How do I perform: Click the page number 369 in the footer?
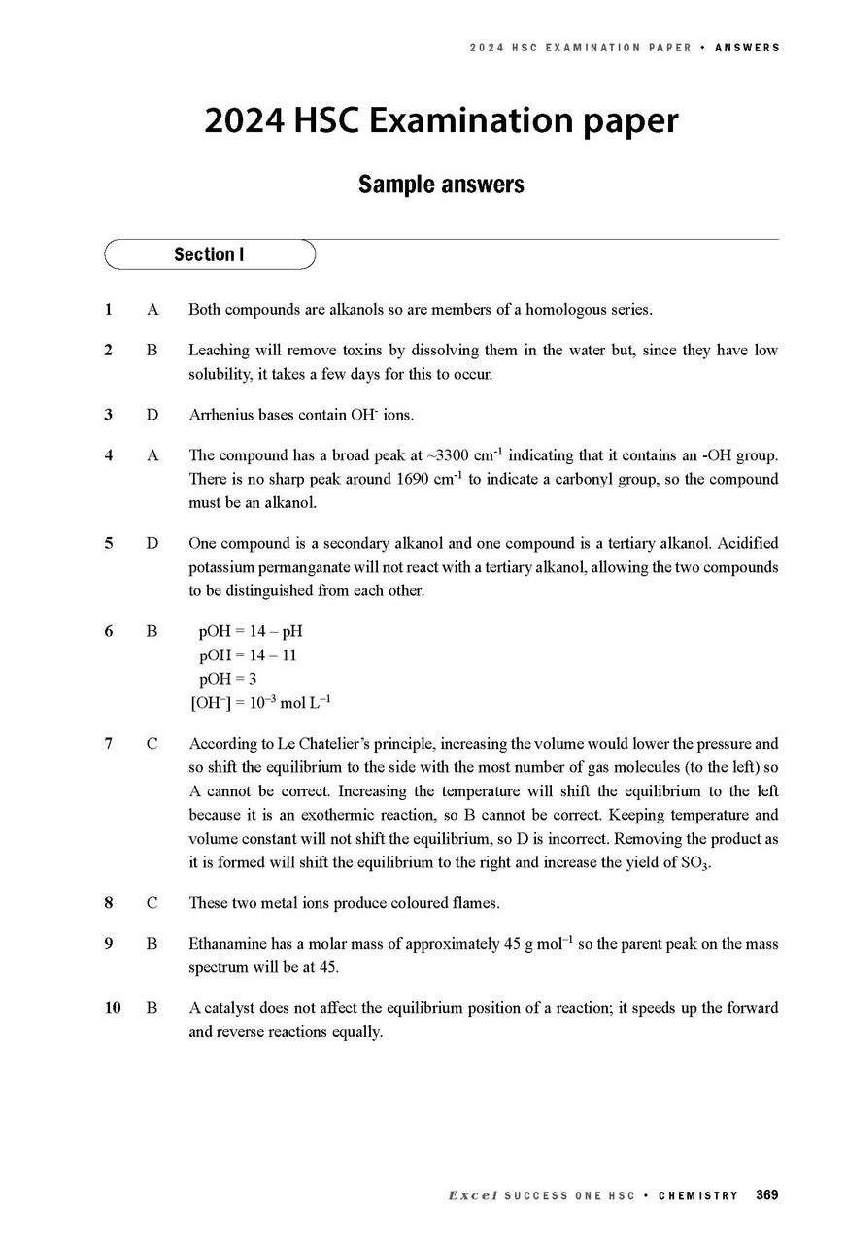[x=766, y=1194]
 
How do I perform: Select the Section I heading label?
[x=208, y=254]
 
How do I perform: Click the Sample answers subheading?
[x=441, y=185]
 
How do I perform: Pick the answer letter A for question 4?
[x=152, y=454]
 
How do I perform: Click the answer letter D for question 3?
[x=152, y=415]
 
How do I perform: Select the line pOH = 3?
[x=227, y=679]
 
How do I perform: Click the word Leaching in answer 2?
[x=218, y=350]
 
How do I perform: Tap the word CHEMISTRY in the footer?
[x=697, y=1195]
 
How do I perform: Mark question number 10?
[x=112, y=1007]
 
